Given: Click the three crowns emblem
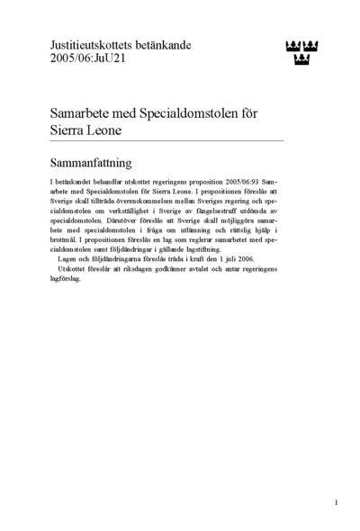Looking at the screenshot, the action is (x=302, y=51).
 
